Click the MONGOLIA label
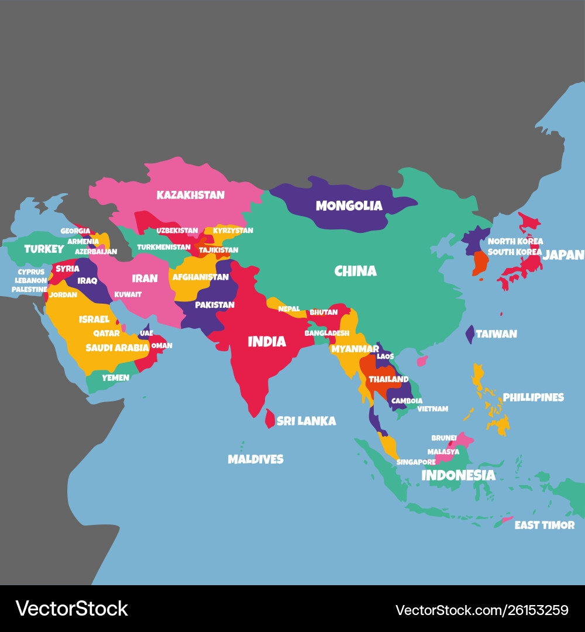coord(349,206)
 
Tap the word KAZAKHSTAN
coord(190,195)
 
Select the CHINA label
coord(355,271)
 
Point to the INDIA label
coord(267,342)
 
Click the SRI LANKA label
coord(306,421)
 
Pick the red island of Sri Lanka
coord(270,418)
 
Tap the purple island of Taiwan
coord(470,334)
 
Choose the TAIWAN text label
coord(496,334)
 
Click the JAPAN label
coord(563,255)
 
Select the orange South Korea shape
coord(480,263)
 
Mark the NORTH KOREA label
coord(515,241)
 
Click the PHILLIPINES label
coord(534,397)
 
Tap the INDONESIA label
coord(458,475)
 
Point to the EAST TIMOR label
coord(544,525)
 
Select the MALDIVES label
coord(255,459)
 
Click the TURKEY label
coord(44,249)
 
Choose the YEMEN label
coord(115,378)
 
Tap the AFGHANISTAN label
coord(200,277)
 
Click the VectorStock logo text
coord(71,609)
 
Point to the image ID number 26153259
coord(531,610)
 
